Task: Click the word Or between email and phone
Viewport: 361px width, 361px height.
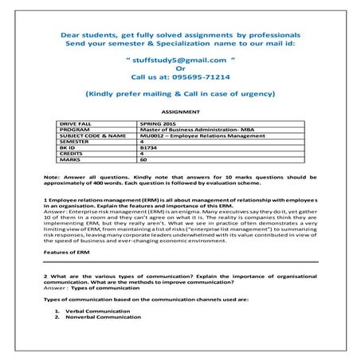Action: pyautogui.click(x=180, y=70)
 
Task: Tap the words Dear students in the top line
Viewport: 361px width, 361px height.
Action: pyautogui.click(x=85, y=36)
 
